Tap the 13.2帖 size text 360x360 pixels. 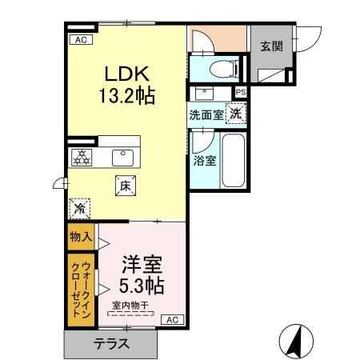tap(126, 95)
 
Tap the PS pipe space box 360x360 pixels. tap(241, 92)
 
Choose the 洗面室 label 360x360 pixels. tap(206, 114)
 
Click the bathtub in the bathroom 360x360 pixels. tap(233, 160)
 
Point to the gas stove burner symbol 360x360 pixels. tap(81, 157)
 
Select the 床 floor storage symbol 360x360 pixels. tap(125, 184)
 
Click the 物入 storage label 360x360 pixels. tap(79, 237)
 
